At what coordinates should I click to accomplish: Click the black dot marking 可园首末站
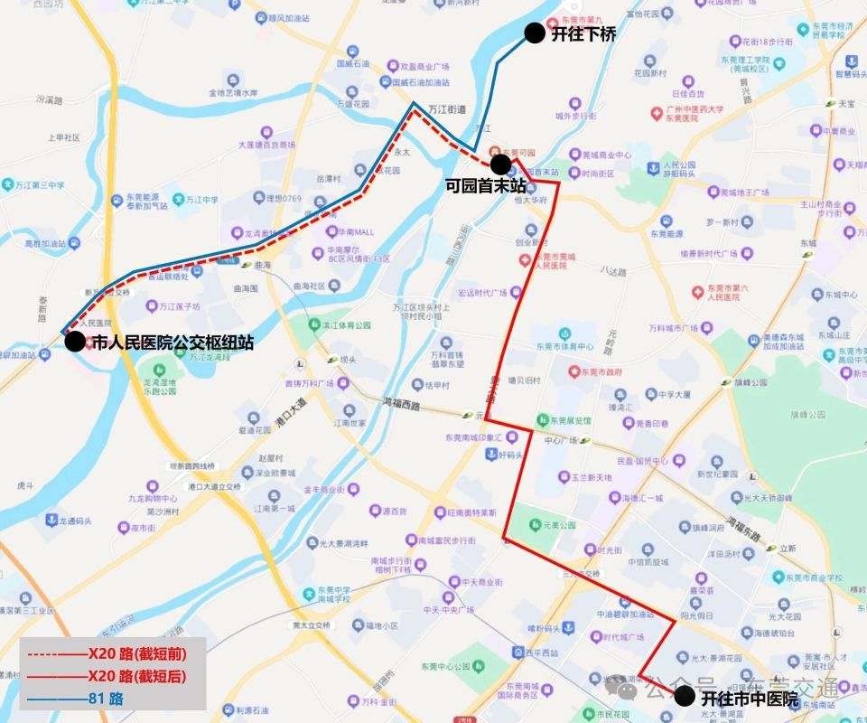(x=499, y=164)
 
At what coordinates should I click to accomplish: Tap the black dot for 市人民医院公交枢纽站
(x=75, y=343)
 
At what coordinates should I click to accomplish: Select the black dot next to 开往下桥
(x=535, y=34)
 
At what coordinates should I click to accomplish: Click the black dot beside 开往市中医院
(x=685, y=696)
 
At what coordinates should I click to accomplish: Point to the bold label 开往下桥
(x=583, y=35)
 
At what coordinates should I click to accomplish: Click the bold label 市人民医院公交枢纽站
(x=172, y=343)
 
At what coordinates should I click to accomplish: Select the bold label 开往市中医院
(x=750, y=699)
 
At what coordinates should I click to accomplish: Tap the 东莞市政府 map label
(x=601, y=371)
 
